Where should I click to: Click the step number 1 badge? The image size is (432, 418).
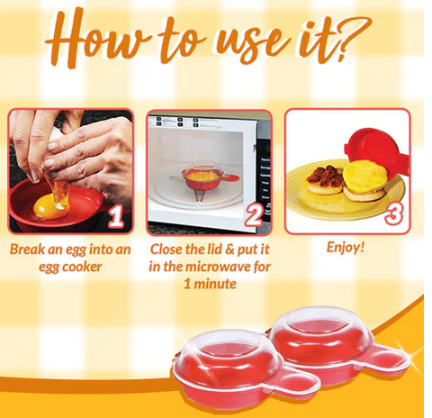pyautogui.click(x=115, y=217)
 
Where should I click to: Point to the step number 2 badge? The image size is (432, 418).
pyautogui.click(x=254, y=217)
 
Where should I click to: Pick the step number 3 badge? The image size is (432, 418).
pyautogui.click(x=393, y=214)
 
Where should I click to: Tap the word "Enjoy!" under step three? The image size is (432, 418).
pyautogui.click(x=346, y=248)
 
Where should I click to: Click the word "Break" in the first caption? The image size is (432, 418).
pyautogui.click(x=26, y=250)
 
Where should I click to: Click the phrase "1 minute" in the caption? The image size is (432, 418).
pyautogui.click(x=210, y=284)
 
